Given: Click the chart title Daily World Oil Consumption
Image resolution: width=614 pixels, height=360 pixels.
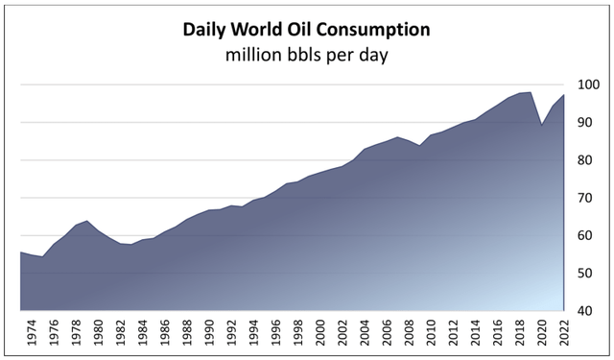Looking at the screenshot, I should coord(306,30).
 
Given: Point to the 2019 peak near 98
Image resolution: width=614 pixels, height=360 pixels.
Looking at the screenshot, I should coord(530,92).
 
